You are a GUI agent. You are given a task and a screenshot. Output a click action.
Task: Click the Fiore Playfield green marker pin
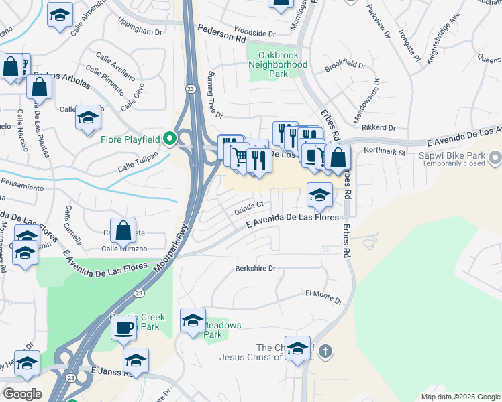click(x=170, y=139)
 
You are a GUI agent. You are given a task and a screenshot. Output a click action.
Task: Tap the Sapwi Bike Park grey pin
click(x=495, y=159)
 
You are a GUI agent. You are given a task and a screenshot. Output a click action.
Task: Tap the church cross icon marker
click(x=325, y=352)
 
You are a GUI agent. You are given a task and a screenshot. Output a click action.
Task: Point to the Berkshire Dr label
click(x=256, y=268)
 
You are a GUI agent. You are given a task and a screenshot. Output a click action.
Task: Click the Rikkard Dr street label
click(x=379, y=127)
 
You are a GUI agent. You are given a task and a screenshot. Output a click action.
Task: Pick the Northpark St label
click(x=385, y=152)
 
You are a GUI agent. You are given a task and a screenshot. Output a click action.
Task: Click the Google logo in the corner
click(x=22, y=394)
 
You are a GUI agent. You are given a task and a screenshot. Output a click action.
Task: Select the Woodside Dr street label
click(x=254, y=33)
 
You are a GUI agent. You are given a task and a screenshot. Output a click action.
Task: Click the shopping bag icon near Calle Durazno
click(x=123, y=231)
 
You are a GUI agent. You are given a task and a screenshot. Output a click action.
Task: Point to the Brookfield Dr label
click(x=345, y=67)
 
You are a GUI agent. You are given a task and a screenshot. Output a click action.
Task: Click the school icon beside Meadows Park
click(x=193, y=320)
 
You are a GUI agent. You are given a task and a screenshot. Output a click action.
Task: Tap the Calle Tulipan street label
click(x=138, y=161)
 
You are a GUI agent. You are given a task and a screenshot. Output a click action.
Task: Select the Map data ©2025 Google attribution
click(x=460, y=396)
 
